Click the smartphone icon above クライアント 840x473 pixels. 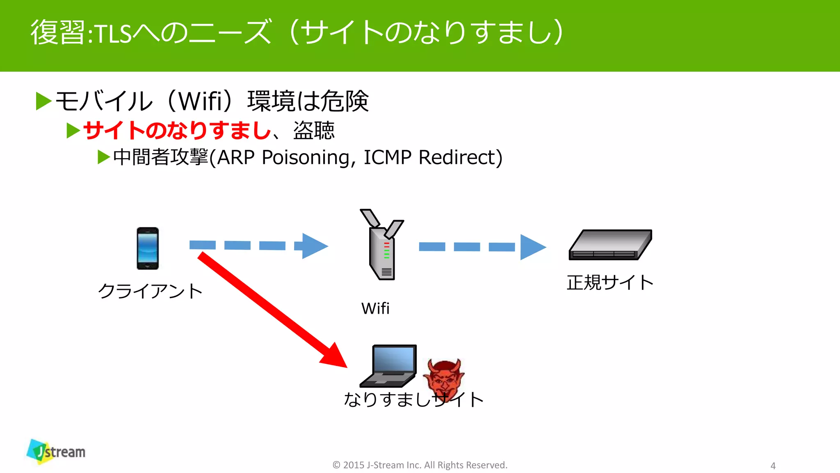point(148,248)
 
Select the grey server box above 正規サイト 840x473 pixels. point(610,245)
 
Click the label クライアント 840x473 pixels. point(151,291)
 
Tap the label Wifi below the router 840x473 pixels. point(375,308)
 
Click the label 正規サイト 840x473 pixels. point(610,282)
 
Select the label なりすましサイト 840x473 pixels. point(413,399)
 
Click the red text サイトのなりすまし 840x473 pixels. point(177,131)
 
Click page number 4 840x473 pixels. point(773,466)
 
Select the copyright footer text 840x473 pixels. point(420,465)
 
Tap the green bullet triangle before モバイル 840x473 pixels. point(43,101)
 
